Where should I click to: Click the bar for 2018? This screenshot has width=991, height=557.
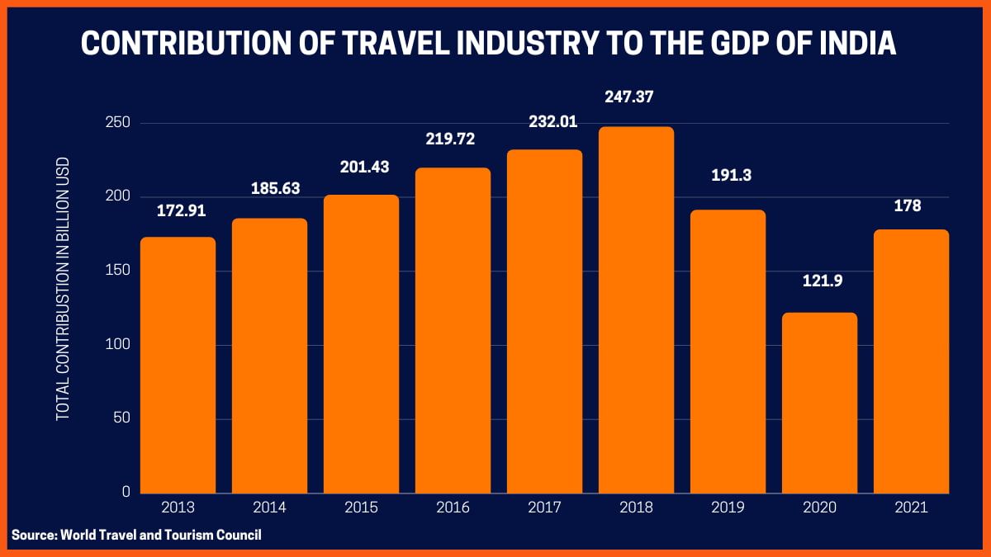[636, 309]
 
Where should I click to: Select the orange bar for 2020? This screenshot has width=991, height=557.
[819, 403]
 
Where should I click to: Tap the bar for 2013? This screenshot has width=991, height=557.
[178, 365]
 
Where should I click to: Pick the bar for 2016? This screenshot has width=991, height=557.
[453, 330]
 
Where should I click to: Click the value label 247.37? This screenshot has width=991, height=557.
[636, 98]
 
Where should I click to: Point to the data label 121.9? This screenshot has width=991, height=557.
[819, 281]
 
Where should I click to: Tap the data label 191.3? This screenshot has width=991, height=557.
[728, 175]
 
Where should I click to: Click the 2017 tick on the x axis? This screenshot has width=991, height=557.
[544, 507]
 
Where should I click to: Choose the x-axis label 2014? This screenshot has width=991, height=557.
[269, 507]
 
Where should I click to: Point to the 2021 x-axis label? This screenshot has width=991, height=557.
[911, 507]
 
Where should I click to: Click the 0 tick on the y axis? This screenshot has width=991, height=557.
[126, 492]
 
